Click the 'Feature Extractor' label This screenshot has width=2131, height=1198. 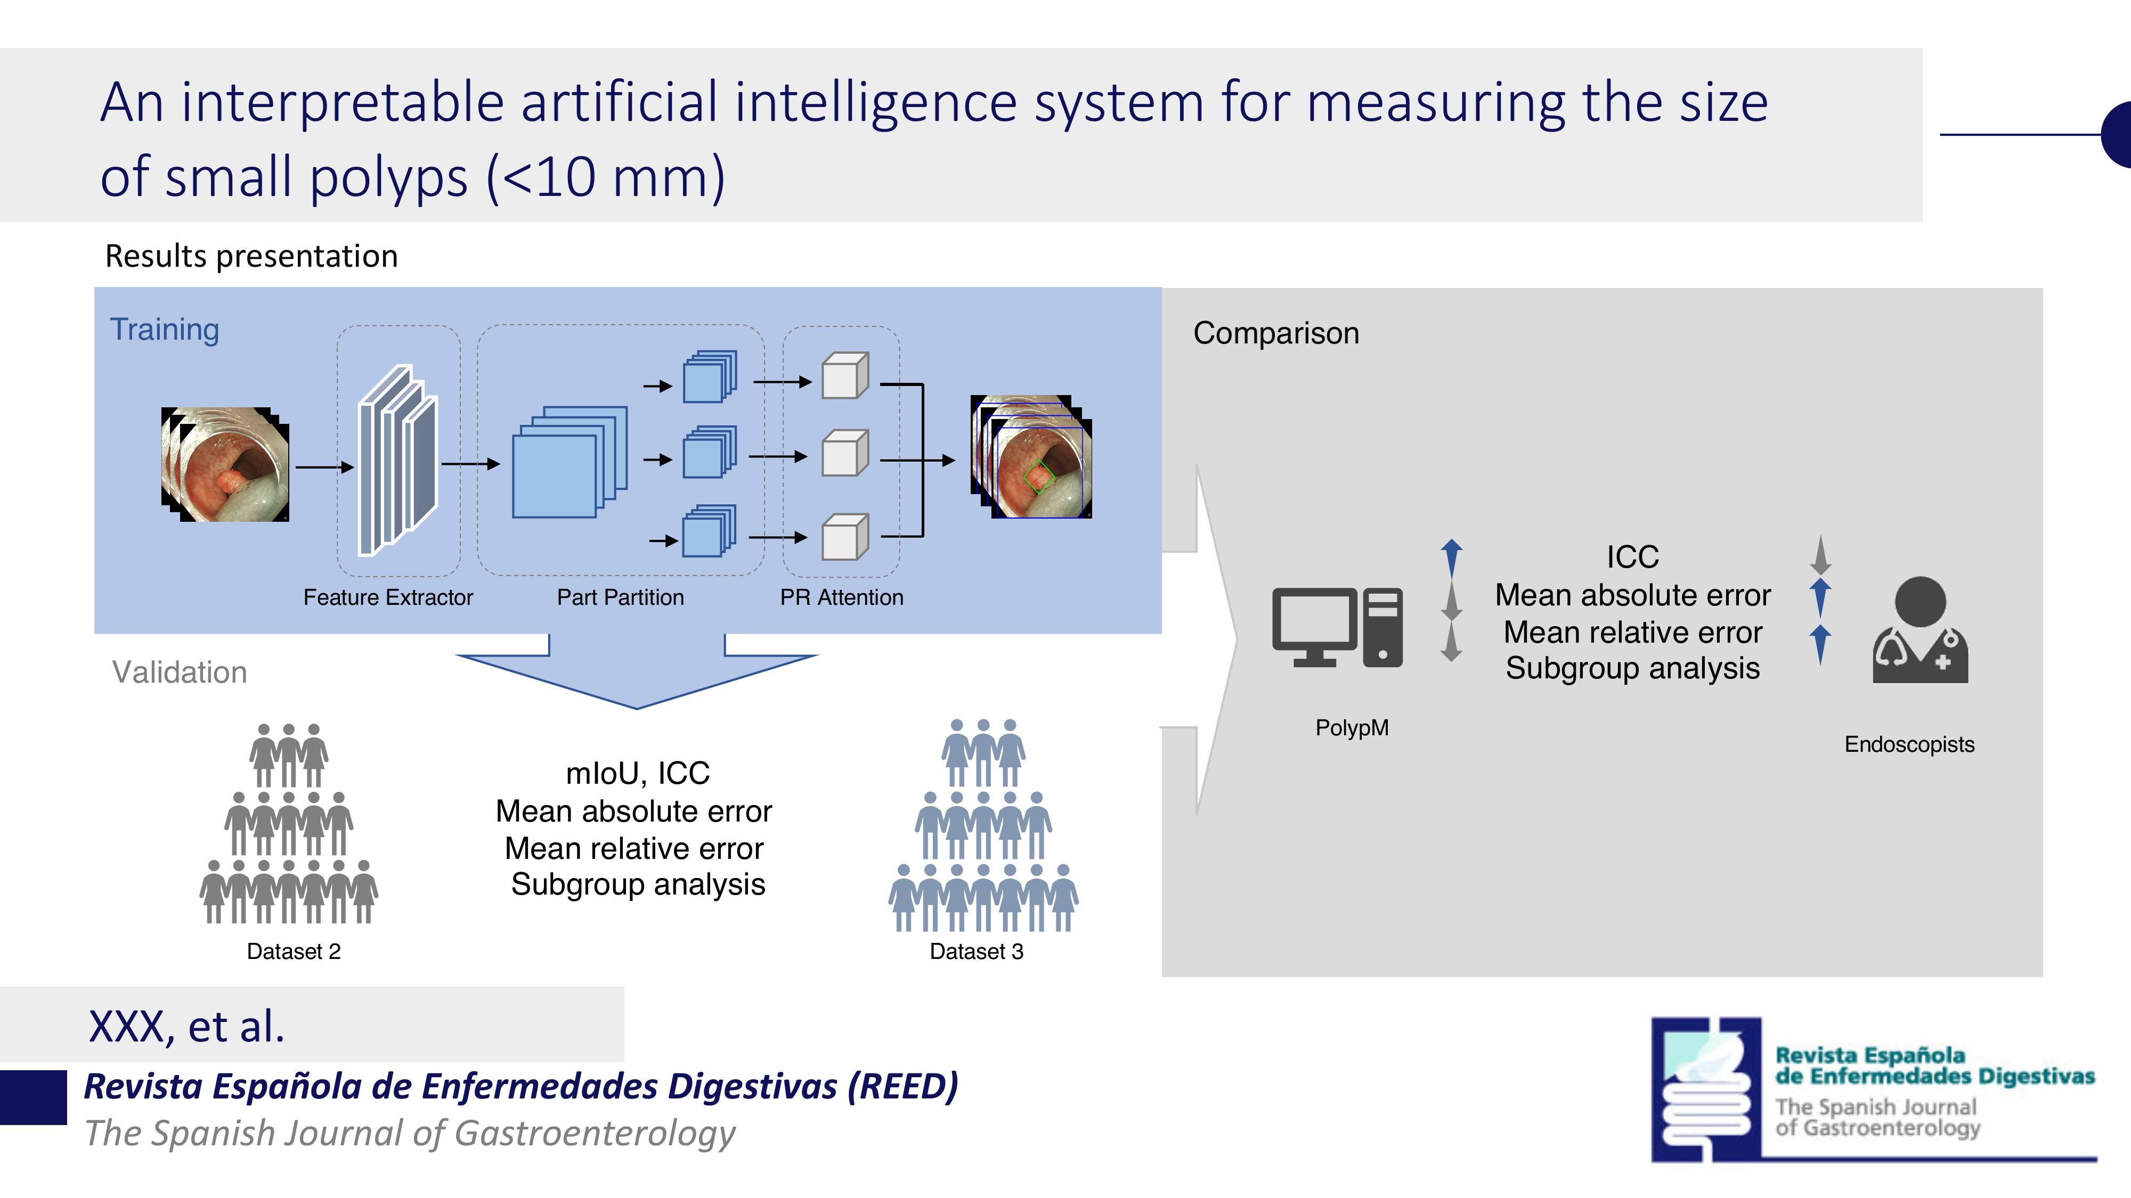pos(388,597)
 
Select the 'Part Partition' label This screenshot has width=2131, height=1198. pos(621,597)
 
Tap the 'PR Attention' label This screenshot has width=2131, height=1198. pos(841,597)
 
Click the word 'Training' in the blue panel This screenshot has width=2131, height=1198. pos(165,329)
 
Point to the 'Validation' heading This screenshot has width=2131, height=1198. pos(180,672)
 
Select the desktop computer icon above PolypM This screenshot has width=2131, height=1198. pos(1337,627)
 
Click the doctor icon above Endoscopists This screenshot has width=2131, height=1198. pos(1920,630)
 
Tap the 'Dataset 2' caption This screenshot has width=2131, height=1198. pos(294,951)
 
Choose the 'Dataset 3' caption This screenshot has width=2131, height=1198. pos(976,951)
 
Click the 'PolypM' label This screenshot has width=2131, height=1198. pos(1352,727)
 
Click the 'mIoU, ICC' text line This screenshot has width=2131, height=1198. pos(637,774)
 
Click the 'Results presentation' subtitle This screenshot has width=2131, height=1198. pos(251,256)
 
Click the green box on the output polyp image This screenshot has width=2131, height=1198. pos(1038,476)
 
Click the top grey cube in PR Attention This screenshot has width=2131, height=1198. pos(844,376)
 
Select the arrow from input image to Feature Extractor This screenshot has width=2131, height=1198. pos(324,467)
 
